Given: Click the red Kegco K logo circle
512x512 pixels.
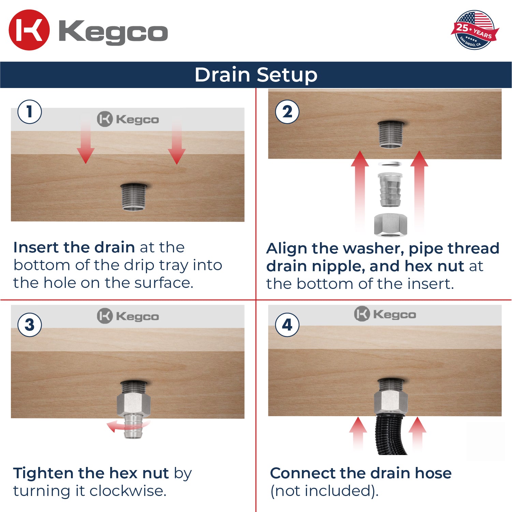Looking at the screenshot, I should click(29, 30).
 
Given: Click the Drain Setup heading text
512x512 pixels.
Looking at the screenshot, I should click(256, 75).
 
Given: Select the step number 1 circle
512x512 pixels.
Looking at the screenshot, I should click(30, 112).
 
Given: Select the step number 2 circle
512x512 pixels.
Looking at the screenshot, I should click(287, 112).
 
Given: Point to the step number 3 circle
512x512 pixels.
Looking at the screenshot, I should click(30, 325).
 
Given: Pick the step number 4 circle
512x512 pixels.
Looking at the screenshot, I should click(287, 325).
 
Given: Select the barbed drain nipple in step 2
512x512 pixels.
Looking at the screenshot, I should click(390, 189).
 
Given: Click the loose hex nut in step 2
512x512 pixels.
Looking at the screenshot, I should click(390, 224).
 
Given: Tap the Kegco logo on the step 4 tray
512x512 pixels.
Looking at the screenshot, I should click(385, 314).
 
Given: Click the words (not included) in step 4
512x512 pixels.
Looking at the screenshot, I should click(324, 491).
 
